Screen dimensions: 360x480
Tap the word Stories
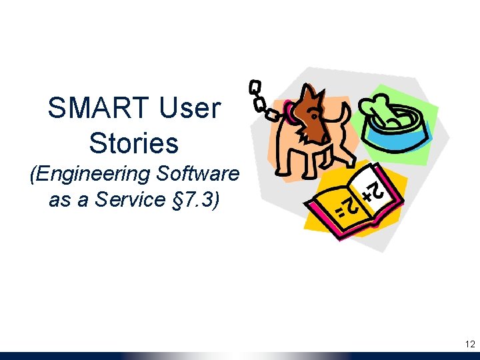pos(133,143)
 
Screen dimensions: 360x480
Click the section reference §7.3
pos(196,200)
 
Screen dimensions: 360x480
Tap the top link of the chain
pos(254,87)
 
